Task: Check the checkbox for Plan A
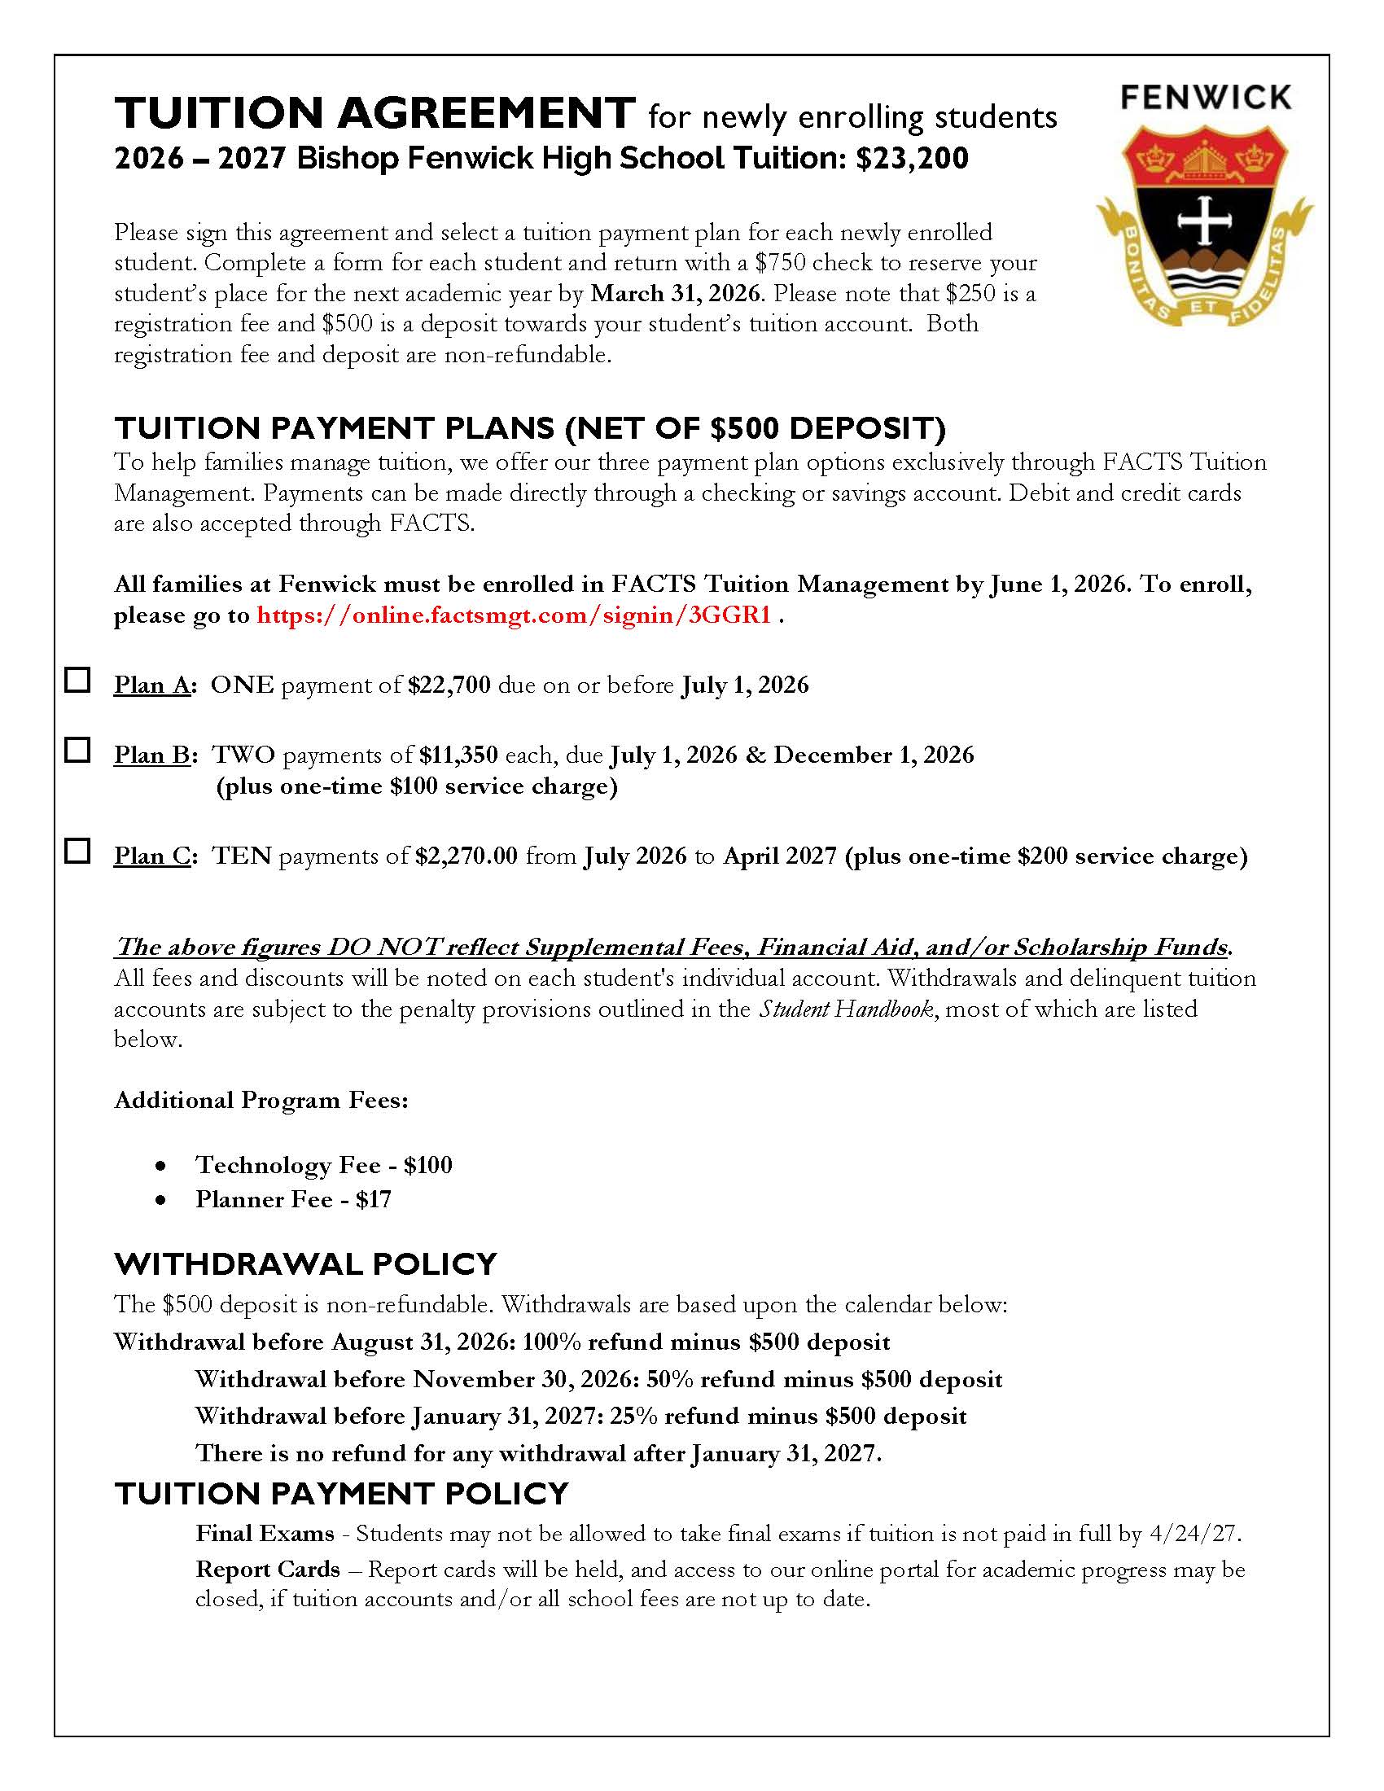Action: pyautogui.click(x=77, y=680)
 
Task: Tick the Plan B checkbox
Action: pyautogui.click(x=77, y=750)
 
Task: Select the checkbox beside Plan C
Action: pyautogui.click(x=77, y=851)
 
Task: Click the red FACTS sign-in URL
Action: pyautogui.click(x=513, y=615)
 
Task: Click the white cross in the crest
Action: pyautogui.click(x=1203, y=220)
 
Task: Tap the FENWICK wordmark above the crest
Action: pyautogui.click(x=1205, y=98)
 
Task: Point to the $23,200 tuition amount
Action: pyautogui.click(x=912, y=158)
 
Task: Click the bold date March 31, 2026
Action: pyautogui.click(x=675, y=294)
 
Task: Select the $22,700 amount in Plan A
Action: pyautogui.click(x=449, y=685)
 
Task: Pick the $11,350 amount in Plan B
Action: pyautogui.click(x=458, y=755)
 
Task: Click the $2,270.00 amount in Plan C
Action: pyautogui.click(x=466, y=856)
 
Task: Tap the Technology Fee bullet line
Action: pyautogui.click(x=323, y=1165)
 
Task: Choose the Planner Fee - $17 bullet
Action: pyautogui.click(x=293, y=1200)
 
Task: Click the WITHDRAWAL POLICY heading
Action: pyautogui.click(x=306, y=1264)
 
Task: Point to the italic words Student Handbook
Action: pyautogui.click(x=845, y=1009)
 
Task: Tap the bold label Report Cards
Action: pyautogui.click(x=267, y=1570)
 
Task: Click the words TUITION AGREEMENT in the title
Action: pyautogui.click(x=374, y=113)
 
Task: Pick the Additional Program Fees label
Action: pyautogui.click(x=261, y=1101)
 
